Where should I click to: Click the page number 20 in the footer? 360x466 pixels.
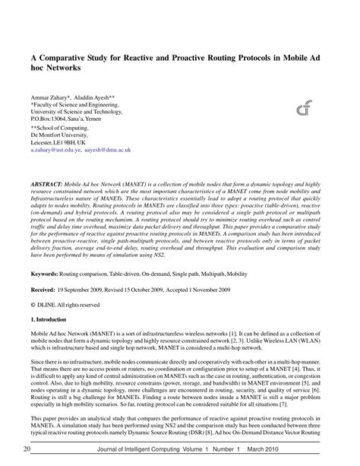point(27,451)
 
